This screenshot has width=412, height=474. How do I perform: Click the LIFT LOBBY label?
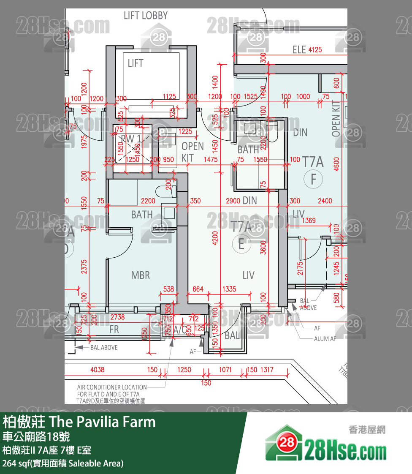click(x=146, y=16)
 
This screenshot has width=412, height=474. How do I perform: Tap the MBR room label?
click(x=141, y=275)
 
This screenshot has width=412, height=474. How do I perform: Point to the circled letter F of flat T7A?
click(x=313, y=180)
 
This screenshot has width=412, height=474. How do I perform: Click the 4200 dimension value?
click(x=215, y=238)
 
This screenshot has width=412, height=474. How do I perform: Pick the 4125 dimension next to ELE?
click(x=315, y=49)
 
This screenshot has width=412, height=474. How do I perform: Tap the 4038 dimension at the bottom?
click(x=98, y=370)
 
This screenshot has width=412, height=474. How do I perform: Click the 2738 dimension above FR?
click(x=117, y=316)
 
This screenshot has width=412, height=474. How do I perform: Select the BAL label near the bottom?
click(x=232, y=336)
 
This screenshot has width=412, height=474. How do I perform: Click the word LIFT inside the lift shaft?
click(x=136, y=63)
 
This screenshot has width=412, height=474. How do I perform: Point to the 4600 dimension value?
click(x=336, y=163)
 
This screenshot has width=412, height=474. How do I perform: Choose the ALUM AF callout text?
click(x=325, y=339)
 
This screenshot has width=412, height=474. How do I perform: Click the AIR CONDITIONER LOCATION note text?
click(x=112, y=387)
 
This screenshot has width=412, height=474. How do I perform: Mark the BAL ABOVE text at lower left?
click(x=104, y=347)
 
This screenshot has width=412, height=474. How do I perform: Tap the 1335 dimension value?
click(x=229, y=289)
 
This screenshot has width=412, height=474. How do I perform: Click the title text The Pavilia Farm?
click(x=103, y=422)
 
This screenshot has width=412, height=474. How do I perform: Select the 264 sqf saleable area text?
click(x=63, y=463)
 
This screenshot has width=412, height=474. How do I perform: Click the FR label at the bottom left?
click(x=114, y=330)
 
